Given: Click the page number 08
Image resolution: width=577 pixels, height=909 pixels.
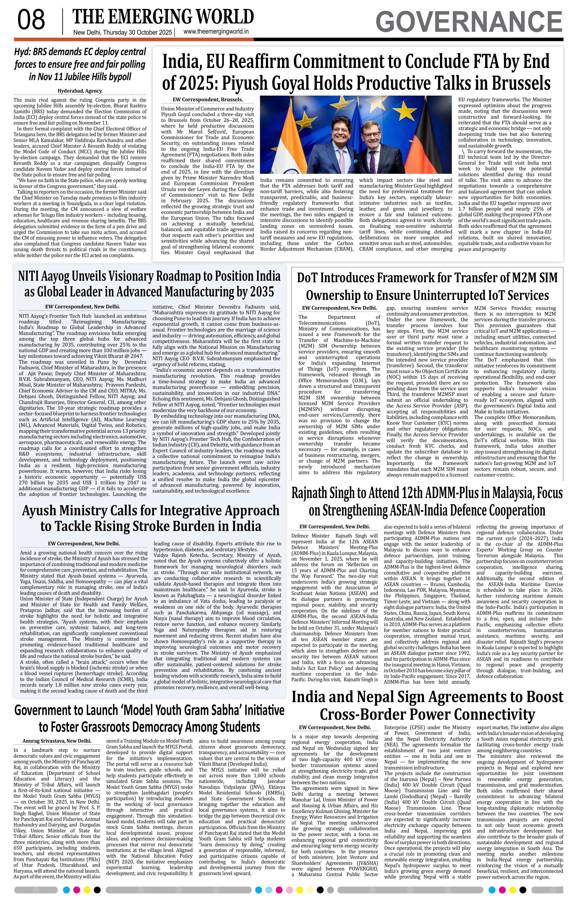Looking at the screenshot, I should [31, 20].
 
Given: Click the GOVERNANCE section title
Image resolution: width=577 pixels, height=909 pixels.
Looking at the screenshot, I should [469, 22].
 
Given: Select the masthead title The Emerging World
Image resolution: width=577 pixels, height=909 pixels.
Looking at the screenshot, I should [163, 17].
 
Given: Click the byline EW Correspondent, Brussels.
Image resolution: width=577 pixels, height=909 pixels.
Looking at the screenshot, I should [208, 100].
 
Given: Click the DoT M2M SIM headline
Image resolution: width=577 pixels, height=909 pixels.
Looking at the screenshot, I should [427, 286].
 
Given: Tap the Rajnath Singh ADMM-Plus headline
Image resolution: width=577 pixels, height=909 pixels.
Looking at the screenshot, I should [427, 501].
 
